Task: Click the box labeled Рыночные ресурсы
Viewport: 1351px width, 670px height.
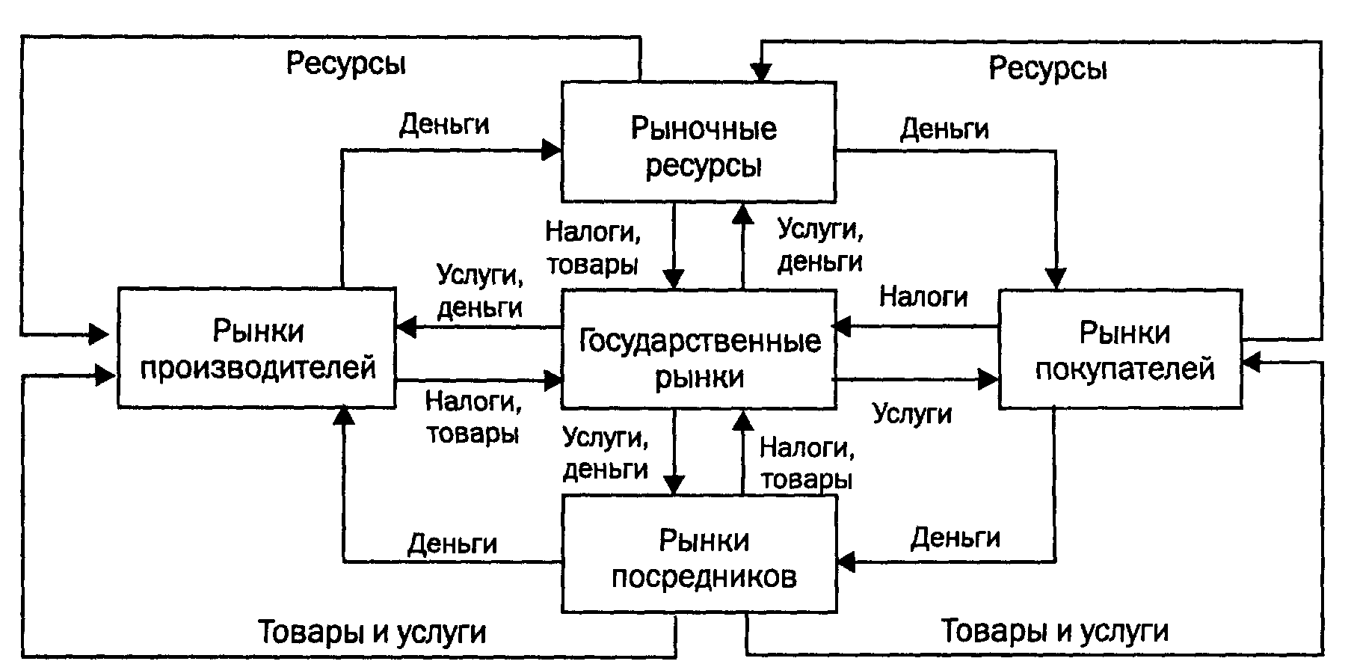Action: click(698, 142)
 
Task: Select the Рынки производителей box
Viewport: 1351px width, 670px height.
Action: click(256, 348)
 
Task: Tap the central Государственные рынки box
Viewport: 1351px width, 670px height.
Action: click(698, 348)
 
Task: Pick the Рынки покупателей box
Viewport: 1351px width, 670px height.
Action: click(1120, 348)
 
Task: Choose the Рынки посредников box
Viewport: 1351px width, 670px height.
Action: click(698, 554)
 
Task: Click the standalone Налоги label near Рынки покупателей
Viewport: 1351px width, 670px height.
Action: click(923, 297)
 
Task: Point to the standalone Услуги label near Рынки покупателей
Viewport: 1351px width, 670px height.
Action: click(912, 414)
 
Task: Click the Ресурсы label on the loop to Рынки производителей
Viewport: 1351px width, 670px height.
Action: click(346, 64)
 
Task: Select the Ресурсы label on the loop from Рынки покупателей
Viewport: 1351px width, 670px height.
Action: click(1047, 69)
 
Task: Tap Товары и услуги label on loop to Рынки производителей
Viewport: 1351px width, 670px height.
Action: click(372, 633)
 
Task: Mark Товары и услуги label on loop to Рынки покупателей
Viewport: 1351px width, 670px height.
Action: click(1054, 631)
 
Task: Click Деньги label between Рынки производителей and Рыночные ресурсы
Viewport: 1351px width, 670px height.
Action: click(444, 124)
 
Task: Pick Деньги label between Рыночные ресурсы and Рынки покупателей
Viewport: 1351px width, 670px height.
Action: click(944, 129)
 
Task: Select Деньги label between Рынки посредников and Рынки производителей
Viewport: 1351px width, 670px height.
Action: click(452, 544)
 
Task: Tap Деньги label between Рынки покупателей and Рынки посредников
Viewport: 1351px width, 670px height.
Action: click(955, 538)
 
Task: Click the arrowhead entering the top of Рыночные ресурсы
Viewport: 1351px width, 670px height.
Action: click(761, 73)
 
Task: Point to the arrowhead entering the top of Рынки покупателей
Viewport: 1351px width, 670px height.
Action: click(1056, 280)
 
